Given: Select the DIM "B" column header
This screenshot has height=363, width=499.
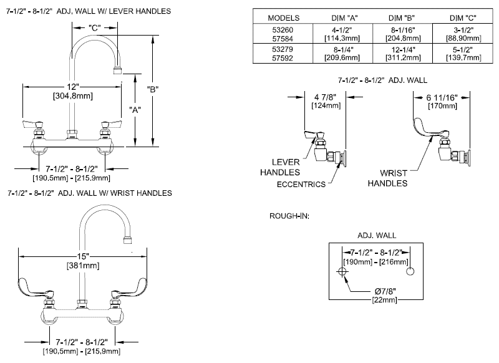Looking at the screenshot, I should tap(396, 17).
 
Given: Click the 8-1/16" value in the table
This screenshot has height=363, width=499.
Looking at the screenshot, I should tap(396, 30).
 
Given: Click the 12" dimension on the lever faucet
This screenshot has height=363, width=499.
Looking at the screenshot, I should tap(74, 86).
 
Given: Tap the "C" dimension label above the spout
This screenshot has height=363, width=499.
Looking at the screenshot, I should tap(94, 27).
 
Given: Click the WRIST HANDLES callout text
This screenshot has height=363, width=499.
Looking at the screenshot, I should tap(387, 178).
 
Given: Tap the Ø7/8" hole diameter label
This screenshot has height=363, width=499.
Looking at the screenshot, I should tap(382, 290).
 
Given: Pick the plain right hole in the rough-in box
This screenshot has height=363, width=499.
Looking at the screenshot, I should tap(410, 272).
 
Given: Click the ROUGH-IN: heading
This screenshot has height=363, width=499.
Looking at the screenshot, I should tap(289, 216).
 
